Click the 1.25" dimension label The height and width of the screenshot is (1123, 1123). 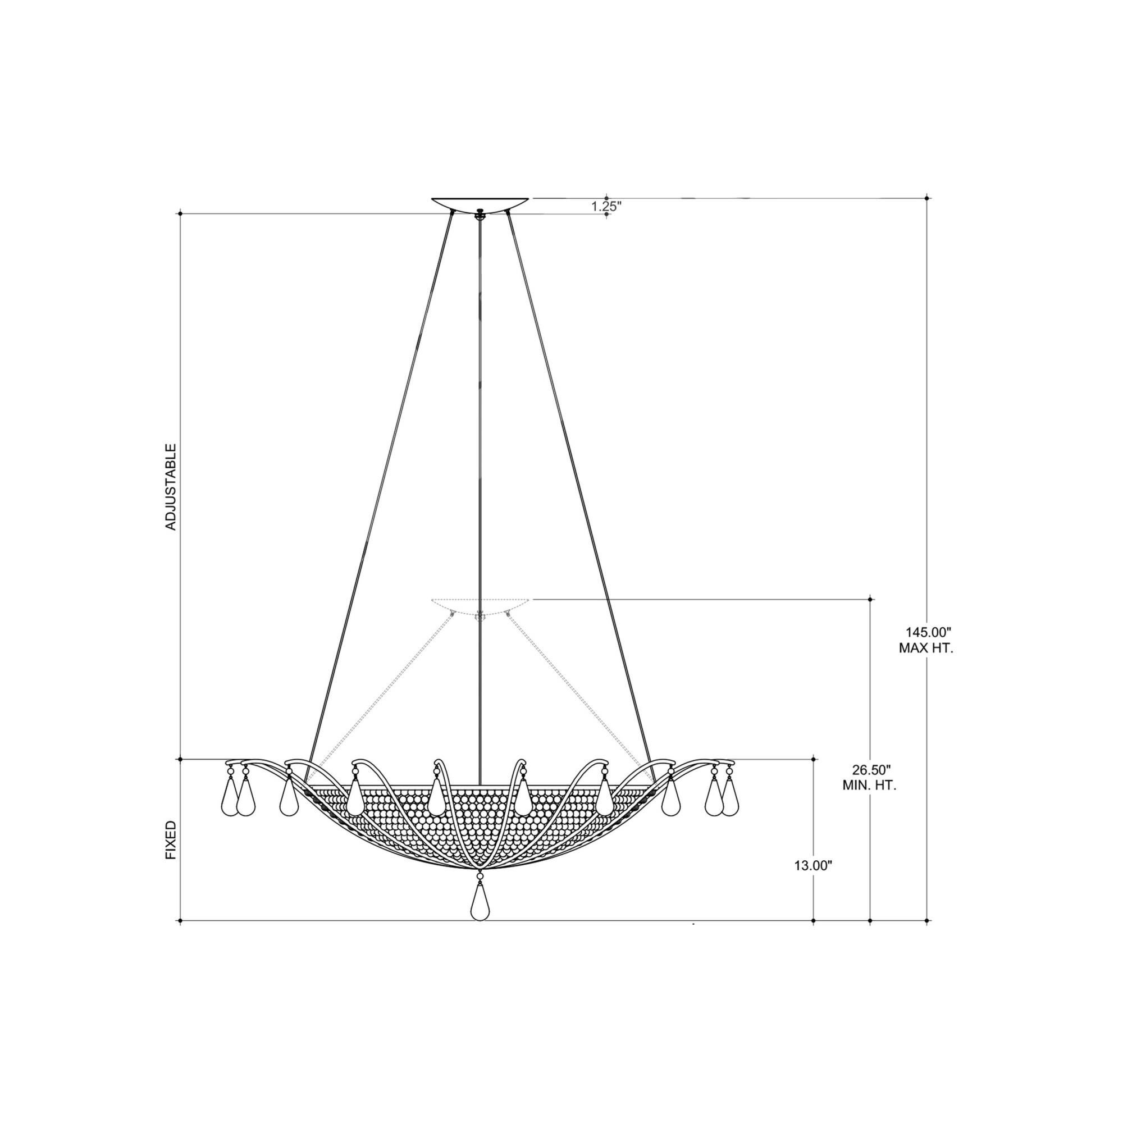[x=607, y=206]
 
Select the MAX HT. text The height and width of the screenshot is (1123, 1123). [x=926, y=648]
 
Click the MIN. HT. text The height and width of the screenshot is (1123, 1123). [x=870, y=786]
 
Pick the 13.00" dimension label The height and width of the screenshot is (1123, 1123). [x=814, y=882]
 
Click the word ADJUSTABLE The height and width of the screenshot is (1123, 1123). [x=171, y=487]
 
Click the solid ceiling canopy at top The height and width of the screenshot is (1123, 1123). [x=480, y=204]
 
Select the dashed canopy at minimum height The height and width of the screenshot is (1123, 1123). [x=480, y=605]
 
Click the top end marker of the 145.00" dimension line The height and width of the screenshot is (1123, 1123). [x=927, y=198]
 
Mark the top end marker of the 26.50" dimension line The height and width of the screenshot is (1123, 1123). [x=870, y=599]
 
